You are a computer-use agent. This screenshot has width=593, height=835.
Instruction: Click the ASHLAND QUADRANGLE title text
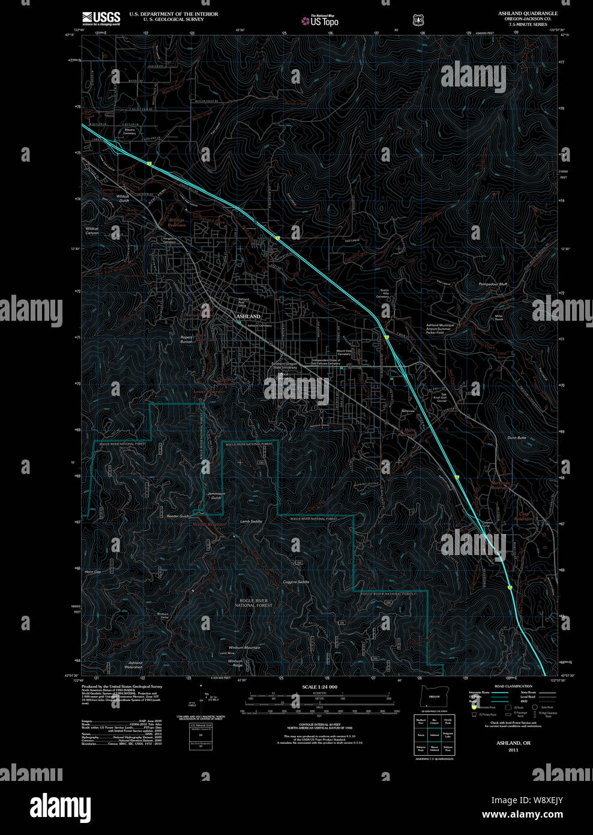tap(528, 13)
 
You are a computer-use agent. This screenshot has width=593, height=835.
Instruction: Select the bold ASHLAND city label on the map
tap(248, 316)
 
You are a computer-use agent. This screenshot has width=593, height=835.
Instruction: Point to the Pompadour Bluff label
tap(494, 284)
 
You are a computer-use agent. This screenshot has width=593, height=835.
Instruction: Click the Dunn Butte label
tap(516, 438)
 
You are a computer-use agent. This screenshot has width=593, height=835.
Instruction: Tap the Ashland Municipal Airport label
tap(440, 327)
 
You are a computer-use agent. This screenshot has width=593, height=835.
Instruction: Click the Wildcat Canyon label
tap(92, 231)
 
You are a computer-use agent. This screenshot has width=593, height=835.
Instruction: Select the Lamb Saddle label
tap(251, 521)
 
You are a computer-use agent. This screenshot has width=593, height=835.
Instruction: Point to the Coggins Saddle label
tap(296, 582)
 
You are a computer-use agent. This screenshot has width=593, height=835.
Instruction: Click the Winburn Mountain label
tap(244, 648)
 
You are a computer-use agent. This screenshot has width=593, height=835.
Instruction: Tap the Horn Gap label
tap(92, 572)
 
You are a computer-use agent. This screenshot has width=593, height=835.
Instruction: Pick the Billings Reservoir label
tap(176, 222)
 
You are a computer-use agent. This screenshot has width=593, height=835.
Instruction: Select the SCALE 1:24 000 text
tap(319, 687)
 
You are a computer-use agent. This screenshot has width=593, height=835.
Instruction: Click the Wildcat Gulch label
tap(122, 198)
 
